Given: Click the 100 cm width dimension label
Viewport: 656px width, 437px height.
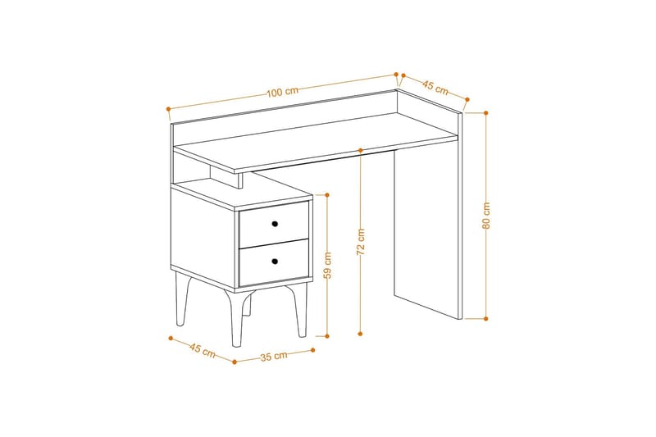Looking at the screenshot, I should tap(282, 92).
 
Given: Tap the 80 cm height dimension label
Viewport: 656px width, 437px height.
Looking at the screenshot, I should tap(486, 215).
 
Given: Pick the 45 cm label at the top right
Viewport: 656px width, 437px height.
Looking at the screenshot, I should tap(435, 85).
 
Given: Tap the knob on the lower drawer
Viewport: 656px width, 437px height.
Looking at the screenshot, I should tap(276, 262).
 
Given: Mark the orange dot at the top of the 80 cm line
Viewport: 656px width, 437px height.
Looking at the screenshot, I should tap(486, 112).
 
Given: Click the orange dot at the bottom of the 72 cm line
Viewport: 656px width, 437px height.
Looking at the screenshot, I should tap(361, 334).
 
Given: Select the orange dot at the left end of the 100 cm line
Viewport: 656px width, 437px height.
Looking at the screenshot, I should tap(168, 108).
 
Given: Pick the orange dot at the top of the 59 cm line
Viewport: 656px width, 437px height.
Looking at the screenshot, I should tap(327, 195).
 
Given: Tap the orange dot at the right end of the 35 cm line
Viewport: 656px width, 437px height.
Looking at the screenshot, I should tap(312, 350).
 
